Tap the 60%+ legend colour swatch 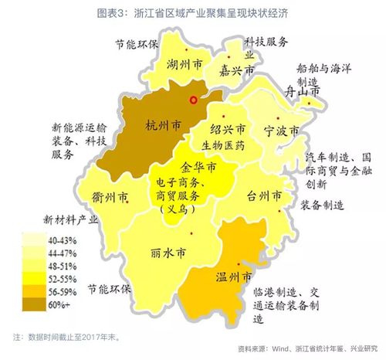[x=37, y=306]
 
